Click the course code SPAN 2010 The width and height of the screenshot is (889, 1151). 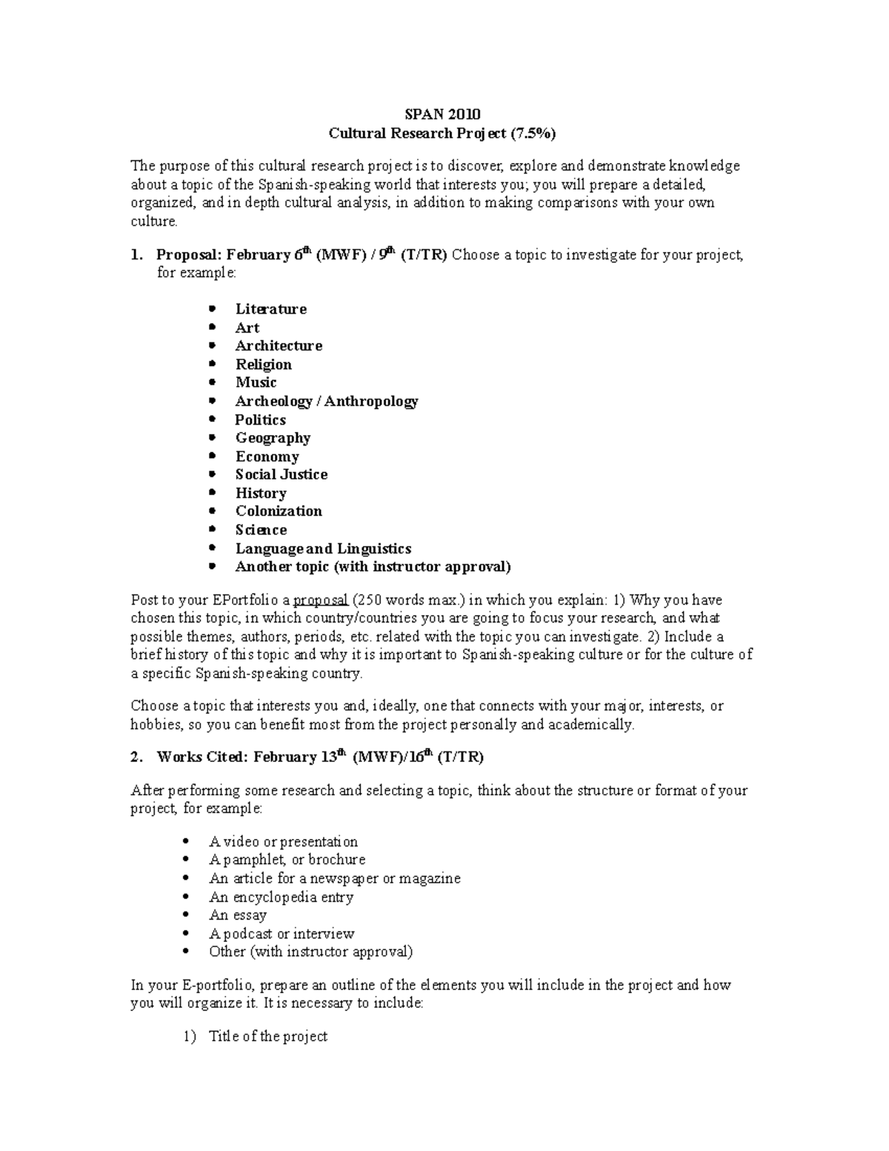[442, 114]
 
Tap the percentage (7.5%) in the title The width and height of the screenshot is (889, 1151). [532, 133]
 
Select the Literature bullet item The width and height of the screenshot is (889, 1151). [270, 309]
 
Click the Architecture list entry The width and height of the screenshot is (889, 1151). [279, 346]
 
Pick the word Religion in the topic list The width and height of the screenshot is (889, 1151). [263, 365]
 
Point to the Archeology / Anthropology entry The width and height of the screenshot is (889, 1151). [327, 401]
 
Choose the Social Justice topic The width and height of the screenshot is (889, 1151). [282, 474]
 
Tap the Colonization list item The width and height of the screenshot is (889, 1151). [279, 511]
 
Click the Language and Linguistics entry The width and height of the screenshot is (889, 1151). [323, 548]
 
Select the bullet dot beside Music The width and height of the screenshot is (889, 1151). [213, 382]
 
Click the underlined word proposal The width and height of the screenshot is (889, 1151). [321, 600]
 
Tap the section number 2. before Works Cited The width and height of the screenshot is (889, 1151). [136, 757]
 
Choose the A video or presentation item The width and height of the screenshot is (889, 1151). [283, 842]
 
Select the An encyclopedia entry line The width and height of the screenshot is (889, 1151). [281, 897]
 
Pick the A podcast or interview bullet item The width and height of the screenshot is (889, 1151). [282, 934]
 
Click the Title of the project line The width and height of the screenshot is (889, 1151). [267, 1036]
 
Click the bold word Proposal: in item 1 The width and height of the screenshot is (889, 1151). [189, 255]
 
